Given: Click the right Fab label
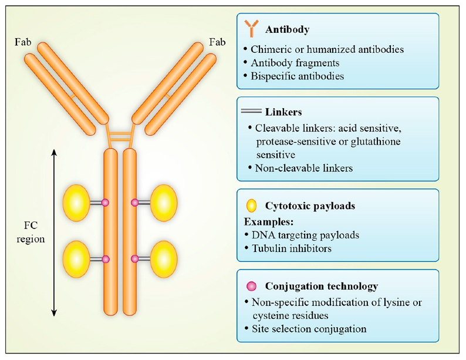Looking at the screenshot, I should pos(217,43).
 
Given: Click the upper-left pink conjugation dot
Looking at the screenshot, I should pos(106,202).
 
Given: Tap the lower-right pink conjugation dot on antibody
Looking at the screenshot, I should pos(134,258).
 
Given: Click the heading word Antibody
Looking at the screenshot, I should pos(288,29).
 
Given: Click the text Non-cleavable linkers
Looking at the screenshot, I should pos(304,167).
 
